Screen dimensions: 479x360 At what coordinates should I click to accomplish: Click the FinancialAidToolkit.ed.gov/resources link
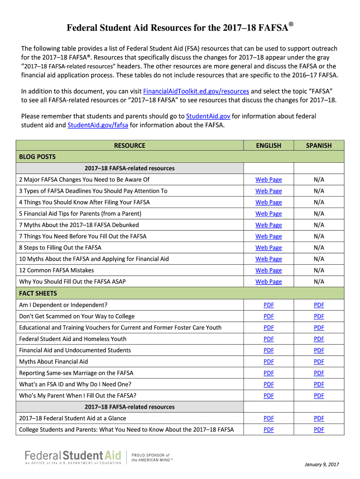click(196, 91)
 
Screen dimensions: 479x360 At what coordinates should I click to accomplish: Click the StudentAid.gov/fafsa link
click(98, 125)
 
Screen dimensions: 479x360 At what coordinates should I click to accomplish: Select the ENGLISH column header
click(268, 145)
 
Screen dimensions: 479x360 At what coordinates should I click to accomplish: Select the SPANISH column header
click(318, 145)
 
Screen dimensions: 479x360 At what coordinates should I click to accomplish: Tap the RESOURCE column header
click(130, 145)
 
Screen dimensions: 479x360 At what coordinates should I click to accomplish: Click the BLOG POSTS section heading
click(37, 157)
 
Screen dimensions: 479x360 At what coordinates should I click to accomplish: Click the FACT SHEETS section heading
click(38, 293)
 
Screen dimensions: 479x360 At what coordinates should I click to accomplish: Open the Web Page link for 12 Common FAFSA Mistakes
click(268, 270)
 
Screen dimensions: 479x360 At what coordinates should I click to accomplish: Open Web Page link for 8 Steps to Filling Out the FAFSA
click(268, 247)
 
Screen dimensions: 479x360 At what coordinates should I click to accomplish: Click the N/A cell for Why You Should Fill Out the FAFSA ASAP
click(319, 282)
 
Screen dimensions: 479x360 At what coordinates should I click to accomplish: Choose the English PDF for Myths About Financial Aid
click(268, 362)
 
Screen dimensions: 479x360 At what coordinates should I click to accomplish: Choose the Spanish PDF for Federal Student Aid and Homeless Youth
click(319, 339)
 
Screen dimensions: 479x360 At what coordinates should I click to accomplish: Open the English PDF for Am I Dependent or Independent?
click(268, 305)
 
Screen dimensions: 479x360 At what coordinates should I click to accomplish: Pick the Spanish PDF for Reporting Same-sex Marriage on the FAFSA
click(319, 373)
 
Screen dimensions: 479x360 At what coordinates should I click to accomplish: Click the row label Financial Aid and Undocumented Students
click(75, 350)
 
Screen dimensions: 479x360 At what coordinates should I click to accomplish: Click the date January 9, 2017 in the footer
click(321, 464)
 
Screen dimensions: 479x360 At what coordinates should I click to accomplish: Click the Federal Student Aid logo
click(73, 457)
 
